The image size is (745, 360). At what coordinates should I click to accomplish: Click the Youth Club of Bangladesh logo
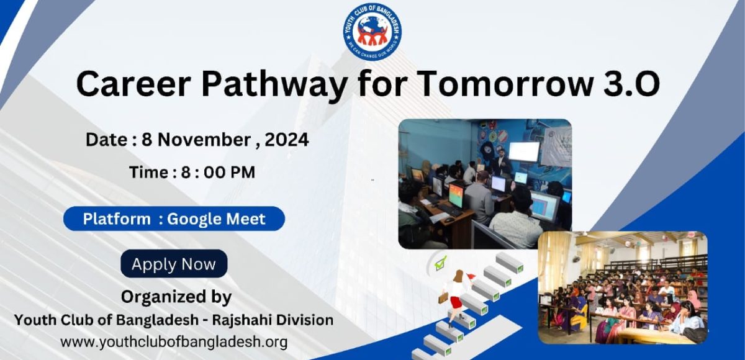pyautogui.click(x=372, y=32)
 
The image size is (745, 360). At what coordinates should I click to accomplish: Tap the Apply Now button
pyautogui.click(x=174, y=264)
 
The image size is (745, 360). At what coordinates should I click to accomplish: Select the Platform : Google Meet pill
pyautogui.click(x=174, y=218)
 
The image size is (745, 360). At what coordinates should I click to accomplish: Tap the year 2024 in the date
pyautogui.click(x=287, y=140)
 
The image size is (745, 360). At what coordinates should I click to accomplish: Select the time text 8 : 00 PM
pyautogui.click(x=218, y=172)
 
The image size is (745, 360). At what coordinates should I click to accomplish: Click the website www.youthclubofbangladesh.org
pyautogui.click(x=174, y=342)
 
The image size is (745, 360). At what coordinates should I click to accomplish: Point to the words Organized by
pyautogui.click(x=176, y=297)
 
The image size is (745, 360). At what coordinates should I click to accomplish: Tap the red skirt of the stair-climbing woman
pyautogui.click(x=456, y=302)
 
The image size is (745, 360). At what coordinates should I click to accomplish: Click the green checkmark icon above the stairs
pyautogui.click(x=441, y=263)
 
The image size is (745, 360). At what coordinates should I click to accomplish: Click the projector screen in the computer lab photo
pyautogui.click(x=524, y=152)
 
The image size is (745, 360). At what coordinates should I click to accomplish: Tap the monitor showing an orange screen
pyautogui.click(x=456, y=195)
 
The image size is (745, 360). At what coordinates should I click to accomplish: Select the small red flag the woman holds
pyautogui.click(x=471, y=276)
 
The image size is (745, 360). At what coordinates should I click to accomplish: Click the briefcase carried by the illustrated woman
pyautogui.click(x=443, y=297)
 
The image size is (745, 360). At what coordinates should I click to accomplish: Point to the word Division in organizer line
pyautogui.click(x=305, y=320)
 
